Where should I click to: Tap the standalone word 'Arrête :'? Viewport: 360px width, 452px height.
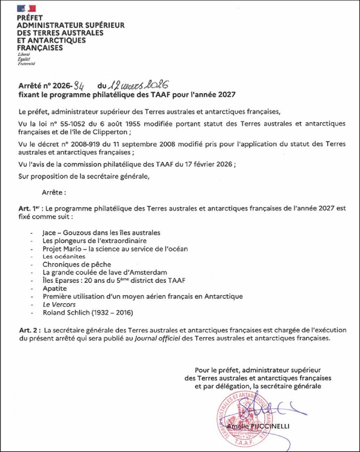click(54, 193)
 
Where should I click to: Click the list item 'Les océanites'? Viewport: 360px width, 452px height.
click(64, 257)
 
